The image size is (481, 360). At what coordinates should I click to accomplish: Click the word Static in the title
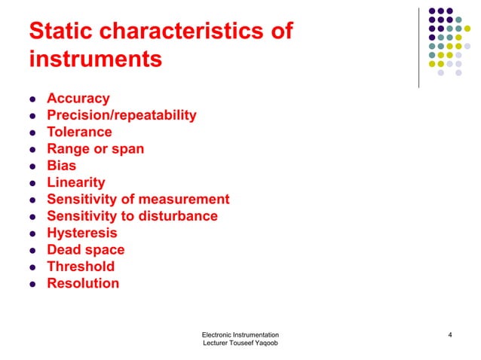pos(62,32)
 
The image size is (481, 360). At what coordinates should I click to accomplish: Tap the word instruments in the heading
pos(95,59)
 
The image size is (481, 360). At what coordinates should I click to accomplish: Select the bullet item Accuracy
pos(78,99)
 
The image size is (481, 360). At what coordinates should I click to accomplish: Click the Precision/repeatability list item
pos(121,115)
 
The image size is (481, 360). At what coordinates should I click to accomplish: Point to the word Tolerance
pos(79,132)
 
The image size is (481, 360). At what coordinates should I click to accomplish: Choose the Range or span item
pos(95,148)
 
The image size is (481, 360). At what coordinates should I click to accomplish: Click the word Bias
pos(61,166)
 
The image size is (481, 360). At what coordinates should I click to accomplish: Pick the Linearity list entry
pos(75,182)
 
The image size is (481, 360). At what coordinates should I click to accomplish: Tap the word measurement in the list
pos(183,199)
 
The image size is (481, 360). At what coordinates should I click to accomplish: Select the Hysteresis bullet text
pos(81,233)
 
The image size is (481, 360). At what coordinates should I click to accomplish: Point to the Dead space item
pos(85,249)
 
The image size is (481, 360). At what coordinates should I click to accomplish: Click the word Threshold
pos(81,267)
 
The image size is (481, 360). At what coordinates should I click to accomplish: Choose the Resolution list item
pos(82,283)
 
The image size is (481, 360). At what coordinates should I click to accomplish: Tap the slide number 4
pos(449,334)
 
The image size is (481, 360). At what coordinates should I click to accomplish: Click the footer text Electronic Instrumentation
pos(240,334)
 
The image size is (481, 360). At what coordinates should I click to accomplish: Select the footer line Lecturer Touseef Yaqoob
pos(240,343)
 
